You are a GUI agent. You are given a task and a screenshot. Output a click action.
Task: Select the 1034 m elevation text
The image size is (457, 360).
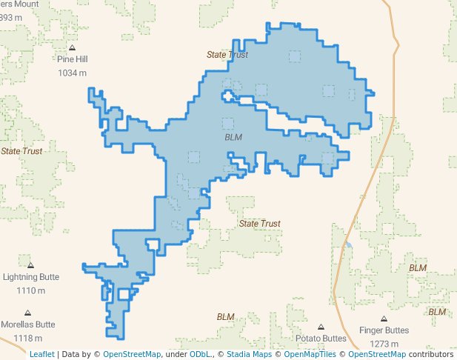point(72,73)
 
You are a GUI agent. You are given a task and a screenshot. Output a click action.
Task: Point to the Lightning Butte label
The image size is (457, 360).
point(31,277)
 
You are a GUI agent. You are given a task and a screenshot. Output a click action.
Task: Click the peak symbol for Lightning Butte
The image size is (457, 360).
point(30,264)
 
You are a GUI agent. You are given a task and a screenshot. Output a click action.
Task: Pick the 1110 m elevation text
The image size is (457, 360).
point(30,290)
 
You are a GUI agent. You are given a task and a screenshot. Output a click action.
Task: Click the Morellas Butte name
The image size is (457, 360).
point(28,324)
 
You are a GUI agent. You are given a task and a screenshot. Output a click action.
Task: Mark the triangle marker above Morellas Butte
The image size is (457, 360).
point(27,313)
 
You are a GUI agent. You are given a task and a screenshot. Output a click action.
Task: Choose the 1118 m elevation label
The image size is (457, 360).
point(27,338)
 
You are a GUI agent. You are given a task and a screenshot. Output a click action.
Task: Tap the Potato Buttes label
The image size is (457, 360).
point(321,339)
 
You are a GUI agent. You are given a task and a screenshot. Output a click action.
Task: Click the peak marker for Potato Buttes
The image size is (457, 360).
point(321,327)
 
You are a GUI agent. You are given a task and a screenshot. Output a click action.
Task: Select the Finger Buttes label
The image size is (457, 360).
point(384,330)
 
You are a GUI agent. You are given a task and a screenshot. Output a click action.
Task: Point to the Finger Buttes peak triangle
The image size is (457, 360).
point(384,319)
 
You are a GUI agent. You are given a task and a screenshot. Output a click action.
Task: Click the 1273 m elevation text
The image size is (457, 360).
point(384,344)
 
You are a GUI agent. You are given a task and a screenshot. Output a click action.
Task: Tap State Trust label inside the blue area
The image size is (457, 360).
point(227,55)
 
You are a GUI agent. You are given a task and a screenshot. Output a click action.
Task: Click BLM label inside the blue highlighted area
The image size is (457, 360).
point(233,137)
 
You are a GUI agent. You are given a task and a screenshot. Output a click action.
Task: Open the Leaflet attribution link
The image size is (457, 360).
point(42,354)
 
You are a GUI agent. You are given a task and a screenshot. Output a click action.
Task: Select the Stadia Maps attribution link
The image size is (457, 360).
point(249,354)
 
